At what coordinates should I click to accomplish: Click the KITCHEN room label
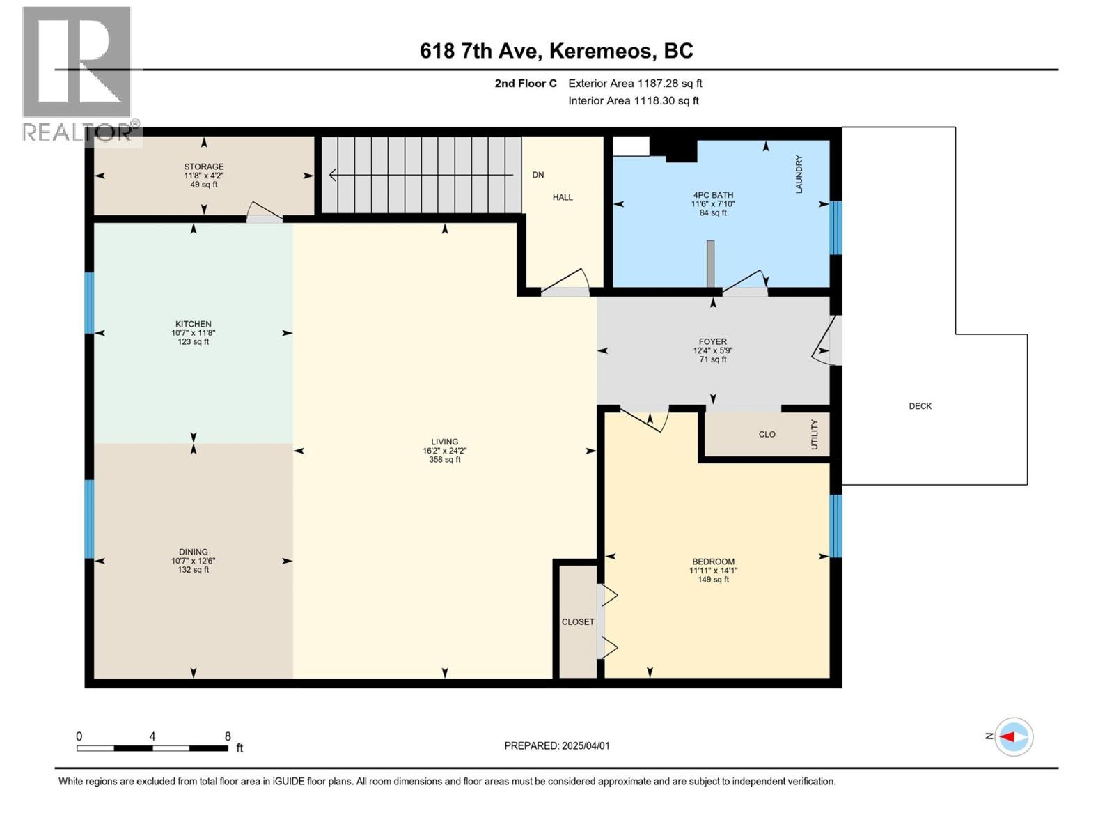pyautogui.click(x=193, y=324)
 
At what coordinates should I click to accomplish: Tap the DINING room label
pyautogui.click(x=193, y=552)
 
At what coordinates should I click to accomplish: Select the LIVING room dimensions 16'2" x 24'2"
pyautogui.click(x=444, y=451)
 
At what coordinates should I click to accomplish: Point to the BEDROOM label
pyautogui.click(x=713, y=562)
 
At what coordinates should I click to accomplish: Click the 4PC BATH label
pyautogui.click(x=713, y=195)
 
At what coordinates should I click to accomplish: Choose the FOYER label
pyautogui.click(x=713, y=342)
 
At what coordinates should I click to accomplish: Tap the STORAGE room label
pyautogui.click(x=203, y=167)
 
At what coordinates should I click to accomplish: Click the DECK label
pyautogui.click(x=920, y=406)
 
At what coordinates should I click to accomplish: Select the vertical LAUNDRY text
pyautogui.click(x=799, y=174)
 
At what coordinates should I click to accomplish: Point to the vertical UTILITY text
pyautogui.click(x=815, y=434)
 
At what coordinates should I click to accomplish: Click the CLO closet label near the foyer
pyautogui.click(x=767, y=434)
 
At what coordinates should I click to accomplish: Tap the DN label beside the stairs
pyautogui.click(x=538, y=175)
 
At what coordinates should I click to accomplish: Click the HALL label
pyautogui.click(x=563, y=197)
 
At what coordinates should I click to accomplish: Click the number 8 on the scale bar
pyautogui.click(x=228, y=736)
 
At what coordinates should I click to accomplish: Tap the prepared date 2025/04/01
pyautogui.click(x=586, y=745)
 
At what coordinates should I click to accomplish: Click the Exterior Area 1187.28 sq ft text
pyautogui.click(x=635, y=84)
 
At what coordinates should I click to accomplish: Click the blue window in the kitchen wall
pyautogui.click(x=89, y=302)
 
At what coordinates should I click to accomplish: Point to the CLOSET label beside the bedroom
pyautogui.click(x=578, y=621)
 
